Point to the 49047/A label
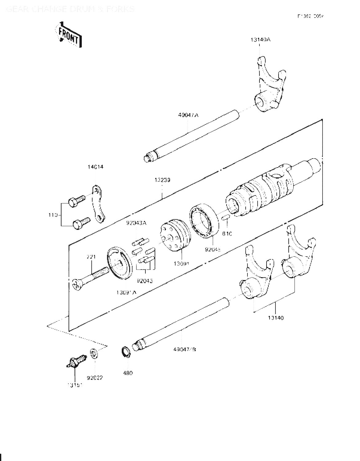(x=188, y=115)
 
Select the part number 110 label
(x=53, y=215)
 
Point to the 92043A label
(x=136, y=223)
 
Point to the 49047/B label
(x=185, y=349)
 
